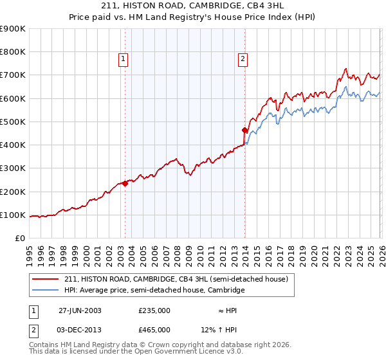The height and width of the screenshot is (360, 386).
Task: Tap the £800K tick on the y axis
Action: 12,52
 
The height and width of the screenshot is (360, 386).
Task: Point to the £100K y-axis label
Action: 12,215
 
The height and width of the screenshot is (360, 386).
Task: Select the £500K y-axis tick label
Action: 12,122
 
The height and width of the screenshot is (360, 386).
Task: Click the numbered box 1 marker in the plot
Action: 124,60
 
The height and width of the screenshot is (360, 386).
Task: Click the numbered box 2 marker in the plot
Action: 243,60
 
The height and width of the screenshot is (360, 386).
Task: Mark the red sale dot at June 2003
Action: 125,183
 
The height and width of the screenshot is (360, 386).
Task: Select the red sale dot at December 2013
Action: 244,130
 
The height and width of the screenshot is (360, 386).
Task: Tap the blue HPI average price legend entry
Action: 154,291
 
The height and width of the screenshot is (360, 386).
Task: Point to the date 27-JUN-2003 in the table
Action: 80,310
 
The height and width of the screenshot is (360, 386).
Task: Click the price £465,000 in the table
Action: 154,330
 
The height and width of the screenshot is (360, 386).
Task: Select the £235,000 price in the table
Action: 154,310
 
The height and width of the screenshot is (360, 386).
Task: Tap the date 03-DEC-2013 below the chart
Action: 80,330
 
